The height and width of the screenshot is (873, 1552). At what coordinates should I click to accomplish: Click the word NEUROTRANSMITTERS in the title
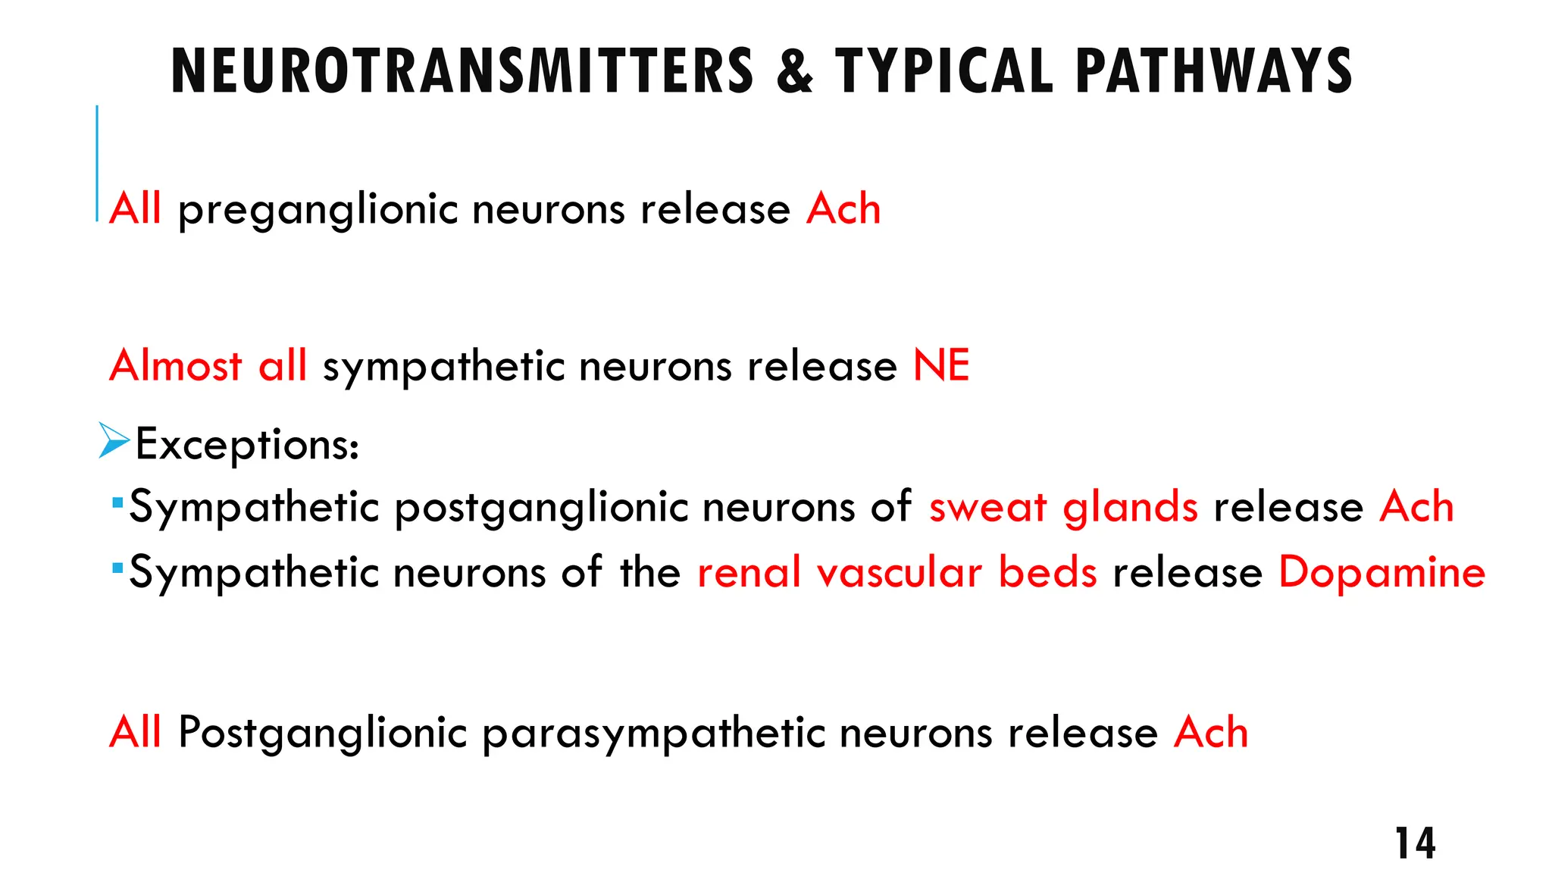point(462,70)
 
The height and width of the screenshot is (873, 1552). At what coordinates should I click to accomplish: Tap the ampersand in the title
point(794,70)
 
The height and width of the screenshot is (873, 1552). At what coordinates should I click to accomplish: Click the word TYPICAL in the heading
point(943,70)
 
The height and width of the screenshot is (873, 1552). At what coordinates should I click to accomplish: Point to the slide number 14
point(1415,843)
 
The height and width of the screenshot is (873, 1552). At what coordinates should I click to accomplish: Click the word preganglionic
point(318,209)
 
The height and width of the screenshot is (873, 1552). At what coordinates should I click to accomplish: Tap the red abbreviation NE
point(941,365)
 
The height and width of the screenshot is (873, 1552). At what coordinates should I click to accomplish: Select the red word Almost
point(176,365)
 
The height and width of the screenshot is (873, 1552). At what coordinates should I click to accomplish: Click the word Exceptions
point(246,444)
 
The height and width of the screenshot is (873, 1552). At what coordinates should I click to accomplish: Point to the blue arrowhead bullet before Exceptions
point(114,441)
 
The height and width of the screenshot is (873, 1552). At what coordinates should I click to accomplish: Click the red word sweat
point(988,507)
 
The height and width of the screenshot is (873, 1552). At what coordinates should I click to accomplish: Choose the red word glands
point(1130,507)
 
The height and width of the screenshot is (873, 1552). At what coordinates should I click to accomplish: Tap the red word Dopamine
point(1381,572)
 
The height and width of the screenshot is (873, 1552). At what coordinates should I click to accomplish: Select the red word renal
point(749,572)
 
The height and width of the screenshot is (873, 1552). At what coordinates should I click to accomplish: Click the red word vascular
point(900,572)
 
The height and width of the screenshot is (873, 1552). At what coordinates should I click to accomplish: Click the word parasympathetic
point(652,734)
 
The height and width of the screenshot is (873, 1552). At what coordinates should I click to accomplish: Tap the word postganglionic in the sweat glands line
point(541,507)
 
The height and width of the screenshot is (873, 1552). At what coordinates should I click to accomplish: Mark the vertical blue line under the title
point(97,163)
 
